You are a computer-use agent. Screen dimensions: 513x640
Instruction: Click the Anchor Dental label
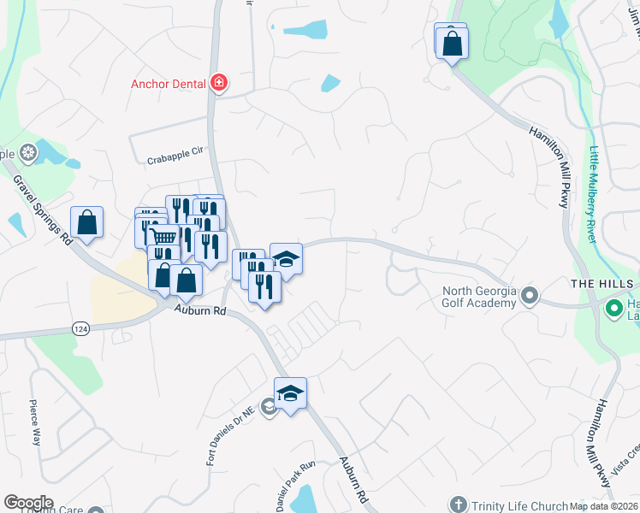click(168, 84)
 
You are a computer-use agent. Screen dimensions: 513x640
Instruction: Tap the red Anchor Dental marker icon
click(219, 83)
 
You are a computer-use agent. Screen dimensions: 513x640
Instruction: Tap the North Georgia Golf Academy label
click(479, 297)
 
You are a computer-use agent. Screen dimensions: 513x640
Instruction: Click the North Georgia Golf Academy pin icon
click(530, 296)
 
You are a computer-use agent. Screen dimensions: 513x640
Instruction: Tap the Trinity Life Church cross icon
click(459, 504)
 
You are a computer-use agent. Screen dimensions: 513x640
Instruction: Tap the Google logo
click(28, 503)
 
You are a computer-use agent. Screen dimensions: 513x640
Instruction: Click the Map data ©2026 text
click(604, 506)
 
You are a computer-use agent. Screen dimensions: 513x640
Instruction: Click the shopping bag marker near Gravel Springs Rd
click(87, 223)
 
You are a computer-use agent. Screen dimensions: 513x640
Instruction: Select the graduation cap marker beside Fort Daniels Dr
click(290, 393)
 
